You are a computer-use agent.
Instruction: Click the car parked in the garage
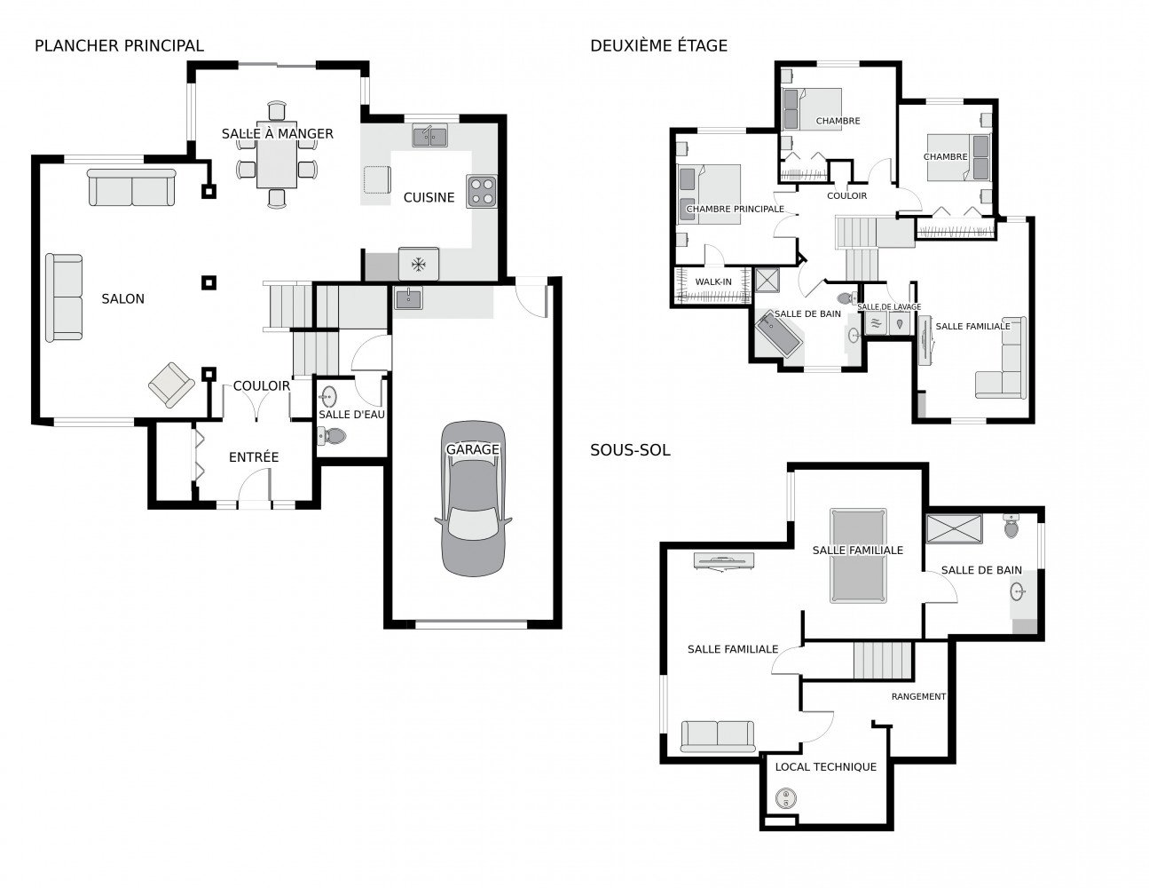point(472,498)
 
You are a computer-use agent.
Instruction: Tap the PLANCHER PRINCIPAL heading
point(119,46)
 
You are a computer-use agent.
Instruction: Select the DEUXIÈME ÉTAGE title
point(658,46)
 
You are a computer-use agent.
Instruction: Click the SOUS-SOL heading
point(630,450)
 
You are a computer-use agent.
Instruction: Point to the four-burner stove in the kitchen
point(481,191)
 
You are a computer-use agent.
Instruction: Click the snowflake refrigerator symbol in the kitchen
point(419,264)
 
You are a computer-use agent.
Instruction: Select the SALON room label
point(122,298)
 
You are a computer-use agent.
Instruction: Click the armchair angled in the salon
point(171,385)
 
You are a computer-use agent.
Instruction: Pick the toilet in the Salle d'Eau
point(332,436)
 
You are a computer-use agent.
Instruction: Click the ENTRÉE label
point(253,456)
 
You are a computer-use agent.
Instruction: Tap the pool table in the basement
point(858,556)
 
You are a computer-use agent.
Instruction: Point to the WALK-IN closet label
point(712,281)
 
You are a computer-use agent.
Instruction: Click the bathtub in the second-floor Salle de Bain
point(778,335)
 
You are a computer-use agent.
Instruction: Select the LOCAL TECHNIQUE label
point(825,767)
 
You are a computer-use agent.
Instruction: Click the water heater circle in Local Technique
point(785,798)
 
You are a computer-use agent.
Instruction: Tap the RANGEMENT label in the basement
point(918,696)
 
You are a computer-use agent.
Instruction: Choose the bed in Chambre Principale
point(709,194)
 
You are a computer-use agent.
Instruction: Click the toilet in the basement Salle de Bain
point(1011,526)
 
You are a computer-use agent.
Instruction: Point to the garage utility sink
point(408,298)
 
